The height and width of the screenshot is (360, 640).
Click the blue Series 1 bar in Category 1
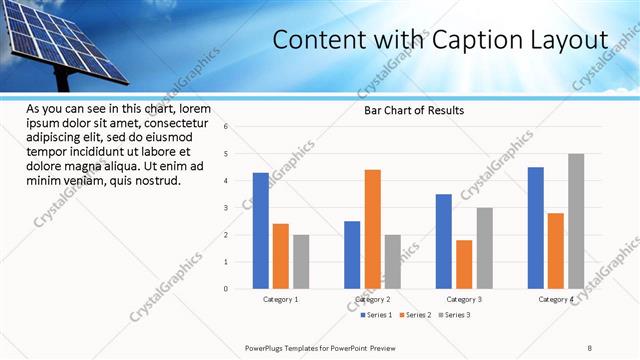pos(261,230)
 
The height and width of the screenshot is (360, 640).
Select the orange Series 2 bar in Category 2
pos(372,229)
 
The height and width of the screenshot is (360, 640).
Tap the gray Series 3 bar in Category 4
pos(576,221)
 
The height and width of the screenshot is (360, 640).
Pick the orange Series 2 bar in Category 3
pos(464,264)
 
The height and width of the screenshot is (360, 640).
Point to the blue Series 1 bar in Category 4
pos(536,228)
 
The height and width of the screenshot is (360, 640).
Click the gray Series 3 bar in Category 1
pos(301,261)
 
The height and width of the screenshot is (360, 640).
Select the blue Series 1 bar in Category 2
pos(352,254)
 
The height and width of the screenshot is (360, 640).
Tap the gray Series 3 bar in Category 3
pos(484,248)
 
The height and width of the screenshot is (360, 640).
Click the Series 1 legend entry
pos(376,315)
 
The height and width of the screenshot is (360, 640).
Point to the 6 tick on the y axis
pos(227,127)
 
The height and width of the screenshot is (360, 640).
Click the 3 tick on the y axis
pos(227,208)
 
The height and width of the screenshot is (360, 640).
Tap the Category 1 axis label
pos(281,299)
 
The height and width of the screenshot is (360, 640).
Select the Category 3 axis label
pos(464,299)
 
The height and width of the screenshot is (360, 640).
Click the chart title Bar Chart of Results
pos(413,110)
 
